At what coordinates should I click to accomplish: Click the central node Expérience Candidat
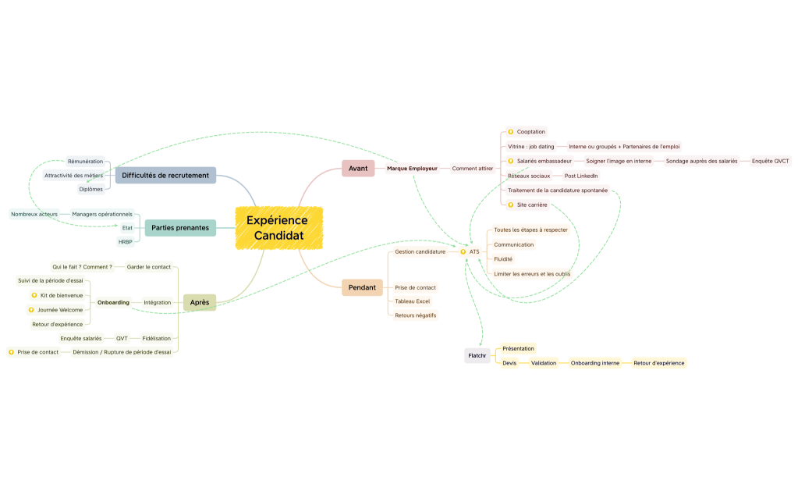pos(279,228)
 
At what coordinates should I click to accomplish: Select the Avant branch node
pos(358,168)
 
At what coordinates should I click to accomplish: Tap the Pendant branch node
pos(362,287)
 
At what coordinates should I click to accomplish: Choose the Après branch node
pos(200,302)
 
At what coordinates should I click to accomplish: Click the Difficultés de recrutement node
pos(165,175)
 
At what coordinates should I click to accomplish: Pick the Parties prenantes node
pos(180,228)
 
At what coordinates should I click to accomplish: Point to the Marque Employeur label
pos(412,168)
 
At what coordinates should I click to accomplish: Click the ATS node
pos(474,251)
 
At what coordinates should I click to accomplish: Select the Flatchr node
pos(477,355)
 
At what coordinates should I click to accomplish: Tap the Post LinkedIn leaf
pos(581,176)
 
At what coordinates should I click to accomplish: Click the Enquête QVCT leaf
pos(771,161)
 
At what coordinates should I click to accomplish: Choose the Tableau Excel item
pos(412,301)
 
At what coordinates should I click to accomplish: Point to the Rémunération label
pos(86,162)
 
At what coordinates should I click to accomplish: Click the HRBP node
pos(125,242)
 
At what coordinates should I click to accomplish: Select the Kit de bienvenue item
pos(62,295)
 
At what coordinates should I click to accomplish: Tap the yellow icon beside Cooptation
pos(510,132)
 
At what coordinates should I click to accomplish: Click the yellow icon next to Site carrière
pos(510,205)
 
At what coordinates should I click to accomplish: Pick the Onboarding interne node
pos(595,363)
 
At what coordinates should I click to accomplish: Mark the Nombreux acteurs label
pos(34,214)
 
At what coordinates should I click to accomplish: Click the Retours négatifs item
pos(415,315)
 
